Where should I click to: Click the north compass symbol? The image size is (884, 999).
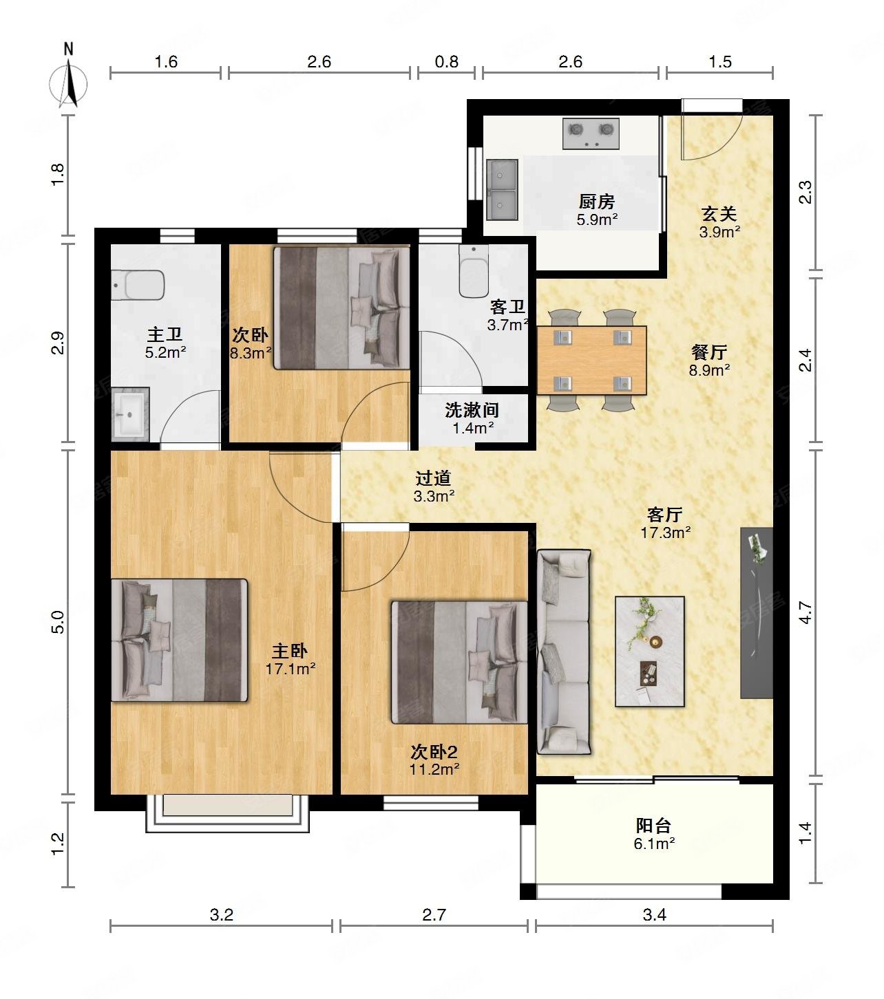click(x=69, y=81)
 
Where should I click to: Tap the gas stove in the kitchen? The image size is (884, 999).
click(x=591, y=133)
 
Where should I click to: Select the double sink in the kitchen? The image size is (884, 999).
click(x=502, y=189)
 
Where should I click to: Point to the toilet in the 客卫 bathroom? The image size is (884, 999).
click(x=474, y=270)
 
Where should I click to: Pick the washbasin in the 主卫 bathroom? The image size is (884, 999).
click(x=130, y=413)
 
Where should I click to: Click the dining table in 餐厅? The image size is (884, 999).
click(x=591, y=360)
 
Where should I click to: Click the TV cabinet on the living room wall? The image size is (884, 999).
click(x=756, y=613)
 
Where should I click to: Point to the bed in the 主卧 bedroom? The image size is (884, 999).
click(x=179, y=640)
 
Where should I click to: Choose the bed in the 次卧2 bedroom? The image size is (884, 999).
click(x=459, y=663)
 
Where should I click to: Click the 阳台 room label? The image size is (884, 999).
click(x=653, y=826)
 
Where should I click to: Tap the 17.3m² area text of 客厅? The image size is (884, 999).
click(x=665, y=533)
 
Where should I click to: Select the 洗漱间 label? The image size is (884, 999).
click(x=472, y=410)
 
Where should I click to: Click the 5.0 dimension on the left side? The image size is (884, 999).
click(x=59, y=622)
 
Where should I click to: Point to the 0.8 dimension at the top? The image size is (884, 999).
click(x=446, y=62)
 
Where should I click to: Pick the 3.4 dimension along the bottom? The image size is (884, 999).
click(x=655, y=914)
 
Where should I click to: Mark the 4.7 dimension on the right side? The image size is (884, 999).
click(x=805, y=612)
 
